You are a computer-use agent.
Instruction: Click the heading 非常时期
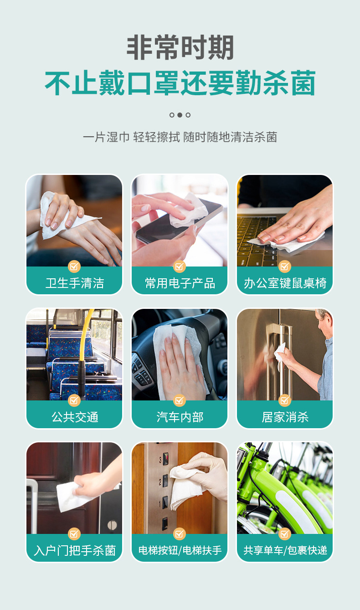pos(180,48)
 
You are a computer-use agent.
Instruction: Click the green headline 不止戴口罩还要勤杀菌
pos(180,83)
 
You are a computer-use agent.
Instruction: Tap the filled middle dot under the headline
pos(180,115)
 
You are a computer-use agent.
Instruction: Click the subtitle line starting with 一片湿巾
pos(180,137)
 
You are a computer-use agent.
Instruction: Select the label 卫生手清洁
pos(74,283)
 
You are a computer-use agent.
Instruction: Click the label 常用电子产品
pos(180,283)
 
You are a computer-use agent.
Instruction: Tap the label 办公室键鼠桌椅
pos(285,283)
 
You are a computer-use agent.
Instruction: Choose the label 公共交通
pos(74,417)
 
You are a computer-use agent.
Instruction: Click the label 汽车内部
pos(180,417)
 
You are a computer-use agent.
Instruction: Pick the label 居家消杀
pos(285,417)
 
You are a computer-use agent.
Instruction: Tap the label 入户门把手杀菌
pos(74,550)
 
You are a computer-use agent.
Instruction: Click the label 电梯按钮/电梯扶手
pos(180,550)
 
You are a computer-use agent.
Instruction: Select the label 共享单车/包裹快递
pos(285,550)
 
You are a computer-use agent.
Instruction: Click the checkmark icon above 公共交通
pos(74,400)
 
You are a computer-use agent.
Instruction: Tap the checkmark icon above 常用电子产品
pos(180,267)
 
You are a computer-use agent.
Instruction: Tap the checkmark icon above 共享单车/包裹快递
pos(285,533)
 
